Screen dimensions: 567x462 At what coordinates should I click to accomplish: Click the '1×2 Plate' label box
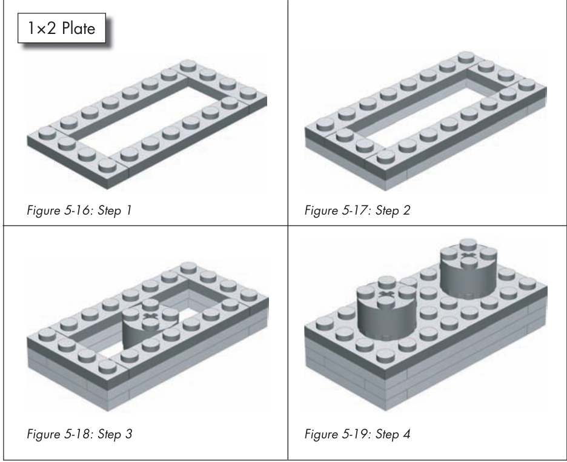62,28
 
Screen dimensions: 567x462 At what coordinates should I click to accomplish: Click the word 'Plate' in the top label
79,28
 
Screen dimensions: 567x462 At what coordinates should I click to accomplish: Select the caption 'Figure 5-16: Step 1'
79,210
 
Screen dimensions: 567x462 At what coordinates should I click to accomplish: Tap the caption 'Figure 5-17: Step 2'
357,210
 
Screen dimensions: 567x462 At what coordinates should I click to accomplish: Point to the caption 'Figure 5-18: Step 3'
79,434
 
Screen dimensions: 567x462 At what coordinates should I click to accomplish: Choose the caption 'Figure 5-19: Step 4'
357,434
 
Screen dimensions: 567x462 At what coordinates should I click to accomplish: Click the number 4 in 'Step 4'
406,434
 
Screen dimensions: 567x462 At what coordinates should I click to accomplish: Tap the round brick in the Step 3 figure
150,324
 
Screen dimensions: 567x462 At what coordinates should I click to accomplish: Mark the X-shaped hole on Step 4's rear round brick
469,256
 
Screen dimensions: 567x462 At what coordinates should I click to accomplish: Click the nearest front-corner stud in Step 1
107,166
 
